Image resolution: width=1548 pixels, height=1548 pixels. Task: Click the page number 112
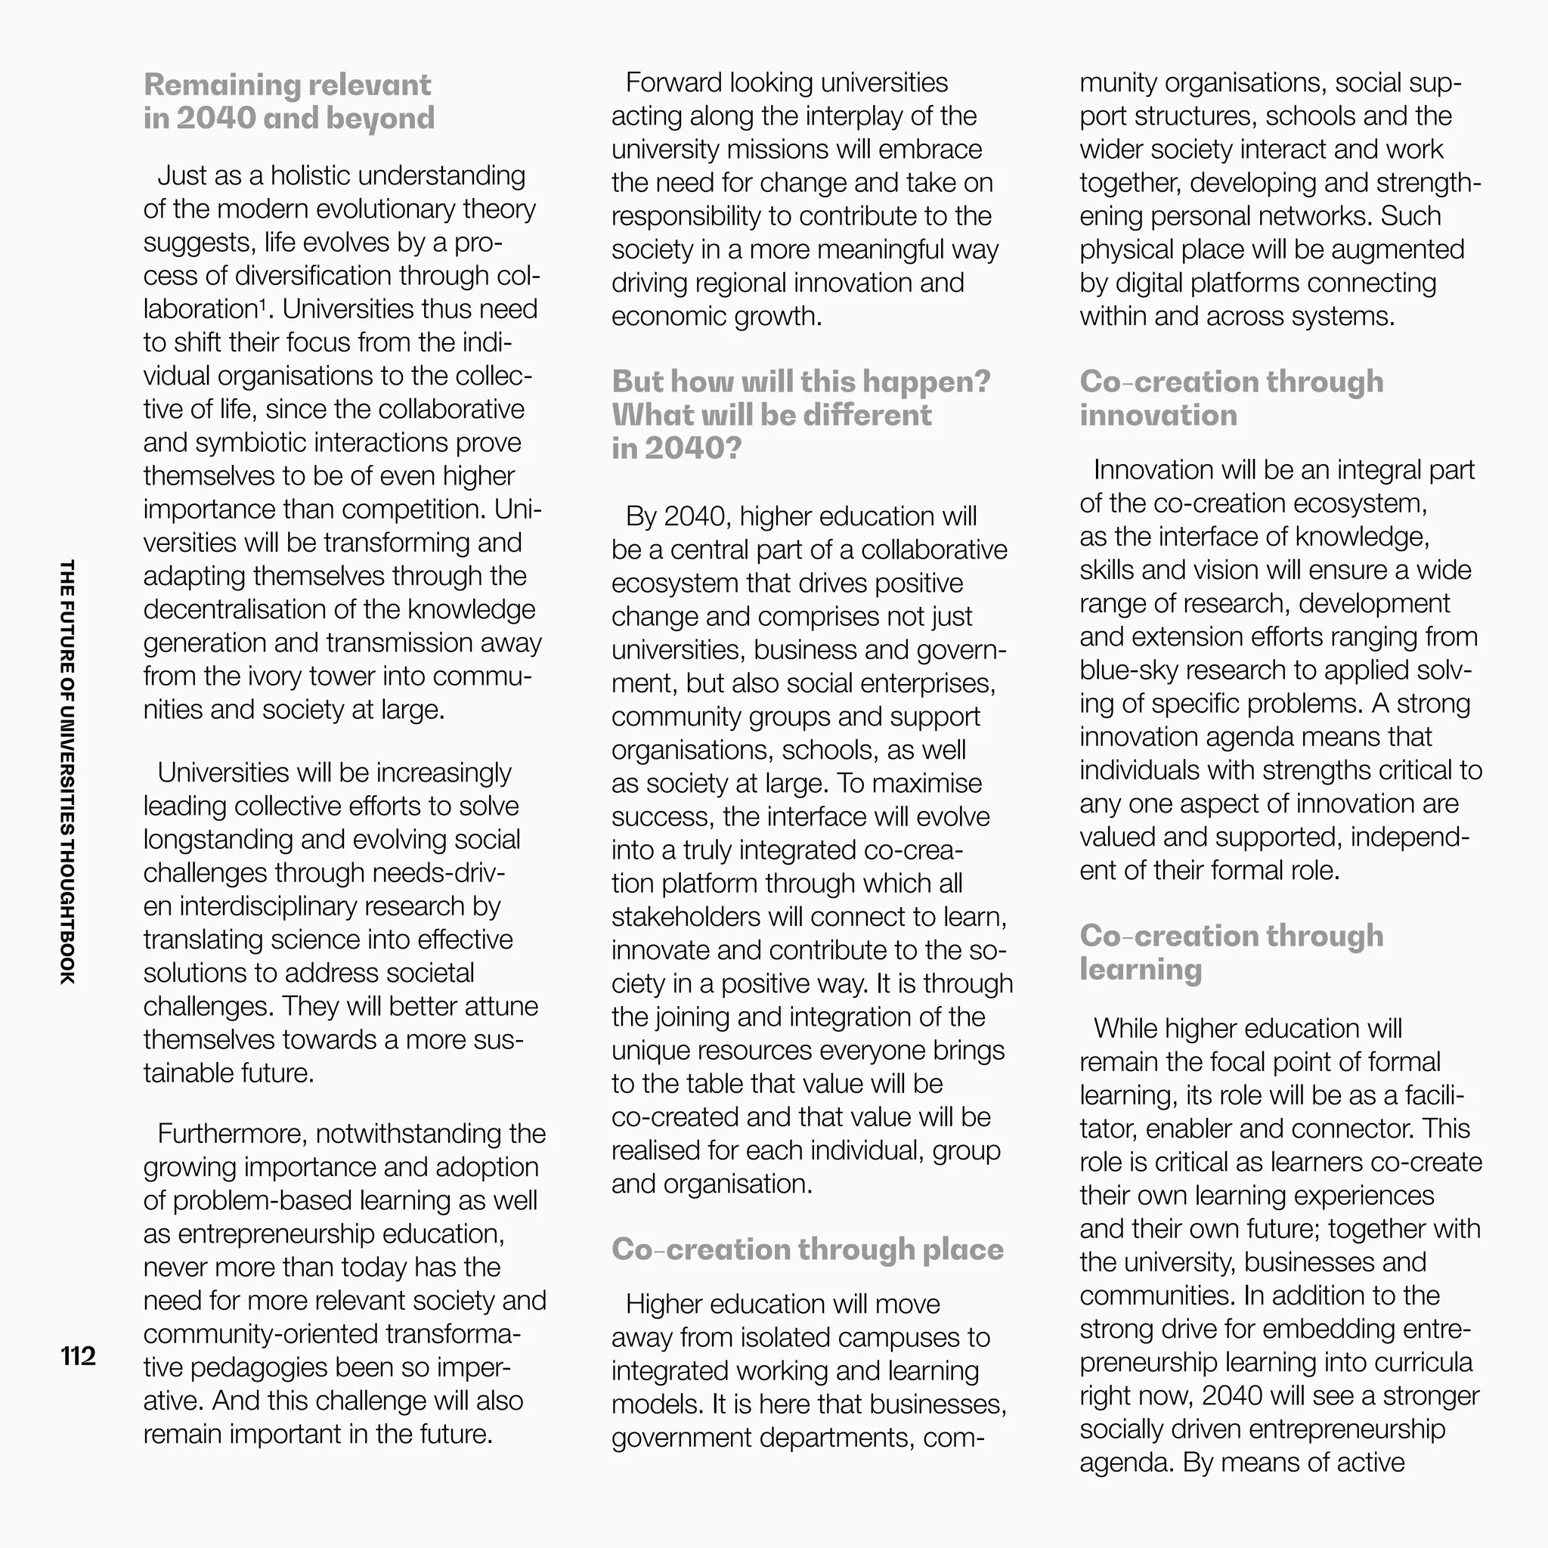click(78, 1356)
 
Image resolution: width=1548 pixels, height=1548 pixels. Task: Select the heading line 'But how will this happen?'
click(801, 382)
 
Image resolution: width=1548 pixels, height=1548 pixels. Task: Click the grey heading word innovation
click(1158, 415)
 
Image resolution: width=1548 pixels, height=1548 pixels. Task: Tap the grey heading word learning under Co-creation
click(1140, 969)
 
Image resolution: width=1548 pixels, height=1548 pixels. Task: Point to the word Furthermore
click(232, 1134)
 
